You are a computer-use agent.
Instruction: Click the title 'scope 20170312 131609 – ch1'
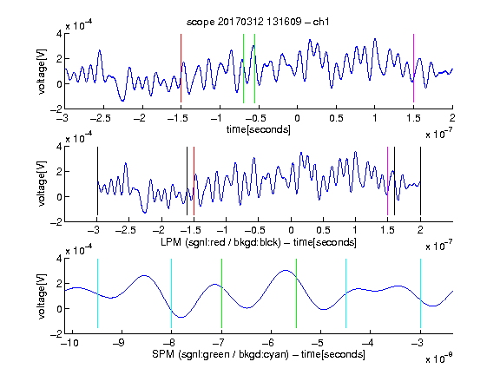point(258,22)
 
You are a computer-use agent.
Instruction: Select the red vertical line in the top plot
point(181,69)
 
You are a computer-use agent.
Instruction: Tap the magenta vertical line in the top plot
point(413,69)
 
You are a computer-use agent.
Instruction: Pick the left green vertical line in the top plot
point(243,69)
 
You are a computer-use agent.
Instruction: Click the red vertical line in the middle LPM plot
point(194,181)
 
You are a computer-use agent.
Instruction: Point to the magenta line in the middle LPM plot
point(387,181)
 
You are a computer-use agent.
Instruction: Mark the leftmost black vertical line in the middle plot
point(97,181)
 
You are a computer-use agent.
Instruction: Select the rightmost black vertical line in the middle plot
point(421,181)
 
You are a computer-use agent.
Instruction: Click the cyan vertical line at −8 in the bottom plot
point(172,293)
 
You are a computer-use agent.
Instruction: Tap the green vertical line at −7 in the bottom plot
point(221,293)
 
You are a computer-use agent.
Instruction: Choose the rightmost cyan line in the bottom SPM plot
point(421,293)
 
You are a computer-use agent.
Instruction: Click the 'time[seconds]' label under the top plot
point(259,130)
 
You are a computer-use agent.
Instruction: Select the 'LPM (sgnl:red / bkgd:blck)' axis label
point(220,242)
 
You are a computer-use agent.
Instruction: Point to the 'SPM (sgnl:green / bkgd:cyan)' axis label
point(220,354)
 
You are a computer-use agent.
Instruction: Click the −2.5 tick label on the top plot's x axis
point(100,118)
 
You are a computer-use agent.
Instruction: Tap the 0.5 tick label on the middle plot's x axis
point(323,230)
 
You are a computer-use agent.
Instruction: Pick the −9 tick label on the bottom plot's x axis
point(119,343)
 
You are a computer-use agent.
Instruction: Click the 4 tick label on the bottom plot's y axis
point(59,259)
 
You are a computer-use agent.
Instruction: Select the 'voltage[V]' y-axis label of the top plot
point(42,71)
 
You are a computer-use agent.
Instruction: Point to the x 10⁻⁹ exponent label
point(438,359)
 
